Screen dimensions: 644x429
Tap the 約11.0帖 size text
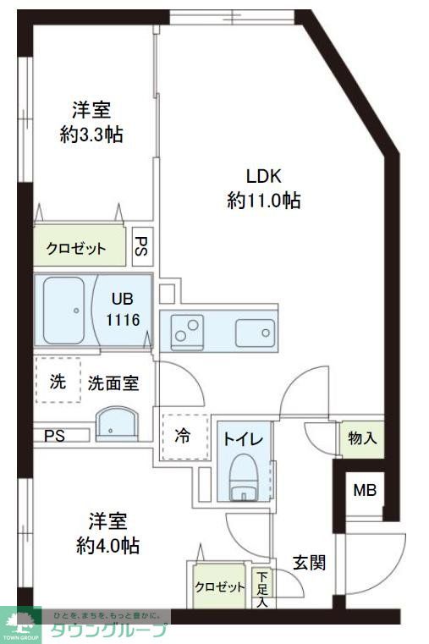pos(264,201)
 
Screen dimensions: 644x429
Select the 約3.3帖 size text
pos(91,134)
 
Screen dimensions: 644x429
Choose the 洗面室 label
pos(113,383)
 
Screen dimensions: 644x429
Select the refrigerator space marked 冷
pos(183,437)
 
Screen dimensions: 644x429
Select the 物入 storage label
pos(361,438)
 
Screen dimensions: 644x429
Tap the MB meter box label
pos(365,491)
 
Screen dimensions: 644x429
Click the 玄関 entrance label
pos(310,563)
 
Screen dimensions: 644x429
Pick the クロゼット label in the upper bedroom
pos(76,249)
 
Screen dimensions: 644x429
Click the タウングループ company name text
pos(109,630)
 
